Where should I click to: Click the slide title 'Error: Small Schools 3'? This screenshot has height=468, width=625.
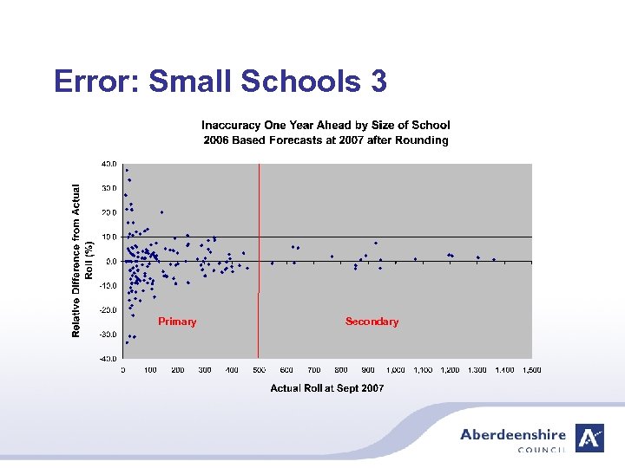pyautogui.click(x=220, y=81)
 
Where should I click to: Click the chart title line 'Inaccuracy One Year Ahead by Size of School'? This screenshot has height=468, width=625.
pyautogui.click(x=326, y=126)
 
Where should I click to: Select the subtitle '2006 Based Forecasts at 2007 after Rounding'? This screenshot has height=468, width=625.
pyautogui.click(x=326, y=140)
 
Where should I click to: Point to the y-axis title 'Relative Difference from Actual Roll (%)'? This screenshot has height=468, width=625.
pyautogui.click(x=82, y=260)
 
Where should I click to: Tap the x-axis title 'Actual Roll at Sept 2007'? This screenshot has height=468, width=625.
pyautogui.click(x=327, y=388)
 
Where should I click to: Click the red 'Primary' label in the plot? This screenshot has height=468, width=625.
pyautogui.click(x=177, y=322)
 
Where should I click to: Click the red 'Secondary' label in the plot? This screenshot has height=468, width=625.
pyautogui.click(x=372, y=322)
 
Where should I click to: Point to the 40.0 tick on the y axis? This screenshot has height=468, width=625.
pyautogui.click(x=109, y=163)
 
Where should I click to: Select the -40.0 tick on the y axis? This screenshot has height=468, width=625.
pyautogui.click(x=108, y=358)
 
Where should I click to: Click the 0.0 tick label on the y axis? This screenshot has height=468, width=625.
pyautogui.click(x=110, y=261)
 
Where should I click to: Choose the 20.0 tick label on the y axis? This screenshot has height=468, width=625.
pyautogui.click(x=109, y=212)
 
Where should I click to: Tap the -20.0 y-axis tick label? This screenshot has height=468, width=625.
pyautogui.click(x=108, y=309)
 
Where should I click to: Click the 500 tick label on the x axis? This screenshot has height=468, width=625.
pyautogui.click(x=259, y=370)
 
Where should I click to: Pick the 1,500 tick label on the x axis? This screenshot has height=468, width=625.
pyautogui.click(x=531, y=370)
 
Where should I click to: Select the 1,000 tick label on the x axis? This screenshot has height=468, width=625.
pyautogui.click(x=395, y=370)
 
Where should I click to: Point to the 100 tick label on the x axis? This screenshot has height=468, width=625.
pyautogui.click(x=150, y=370)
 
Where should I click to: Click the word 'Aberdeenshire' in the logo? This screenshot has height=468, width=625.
pyautogui.click(x=513, y=435)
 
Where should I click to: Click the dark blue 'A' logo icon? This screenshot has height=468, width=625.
pyautogui.click(x=590, y=438)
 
